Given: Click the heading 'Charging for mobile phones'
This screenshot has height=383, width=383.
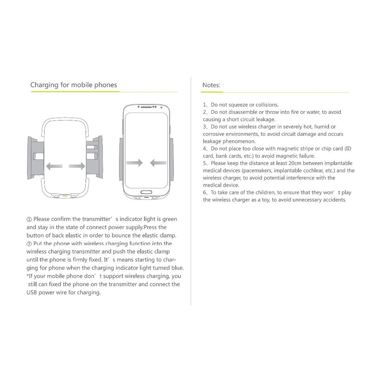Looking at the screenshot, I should click(73, 85).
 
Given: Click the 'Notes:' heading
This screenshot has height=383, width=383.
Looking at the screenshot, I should click(211, 85).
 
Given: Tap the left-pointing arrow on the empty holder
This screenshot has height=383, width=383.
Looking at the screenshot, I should click(54, 166).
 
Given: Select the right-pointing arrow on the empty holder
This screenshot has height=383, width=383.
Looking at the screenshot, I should click(77, 166).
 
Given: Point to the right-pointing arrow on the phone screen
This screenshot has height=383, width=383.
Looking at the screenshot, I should click(134, 163).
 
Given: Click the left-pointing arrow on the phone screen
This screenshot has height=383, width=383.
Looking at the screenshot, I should click(158, 163).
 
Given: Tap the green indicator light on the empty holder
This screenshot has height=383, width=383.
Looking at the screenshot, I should click(65, 195).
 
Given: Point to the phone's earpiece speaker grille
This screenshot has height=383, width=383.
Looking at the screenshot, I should click(146, 106).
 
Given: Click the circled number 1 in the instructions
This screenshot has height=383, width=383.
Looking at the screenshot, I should click(29, 219).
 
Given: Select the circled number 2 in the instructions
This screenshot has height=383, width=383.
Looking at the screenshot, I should click(29, 244).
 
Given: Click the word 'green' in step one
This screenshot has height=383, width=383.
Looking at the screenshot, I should click(170, 219).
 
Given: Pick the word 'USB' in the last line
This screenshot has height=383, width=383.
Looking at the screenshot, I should click(32, 293).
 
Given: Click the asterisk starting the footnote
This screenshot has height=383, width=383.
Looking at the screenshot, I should click(28, 276).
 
